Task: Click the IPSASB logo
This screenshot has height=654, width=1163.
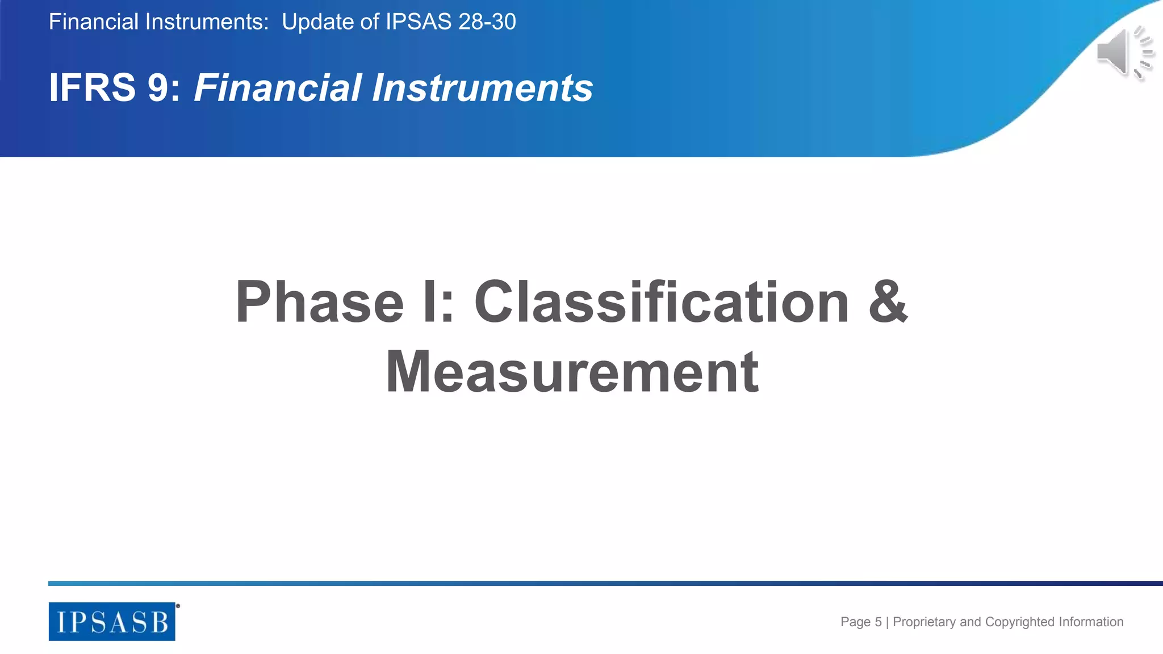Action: pos(112,622)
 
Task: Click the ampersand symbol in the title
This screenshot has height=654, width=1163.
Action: pos(888,301)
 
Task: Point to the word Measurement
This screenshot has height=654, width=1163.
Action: pos(572,372)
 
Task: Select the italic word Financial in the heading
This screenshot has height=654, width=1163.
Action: pos(278,88)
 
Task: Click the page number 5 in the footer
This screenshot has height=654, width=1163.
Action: pos(878,622)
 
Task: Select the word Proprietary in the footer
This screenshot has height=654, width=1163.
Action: pos(924,622)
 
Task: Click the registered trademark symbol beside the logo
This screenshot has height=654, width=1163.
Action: pos(178,606)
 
